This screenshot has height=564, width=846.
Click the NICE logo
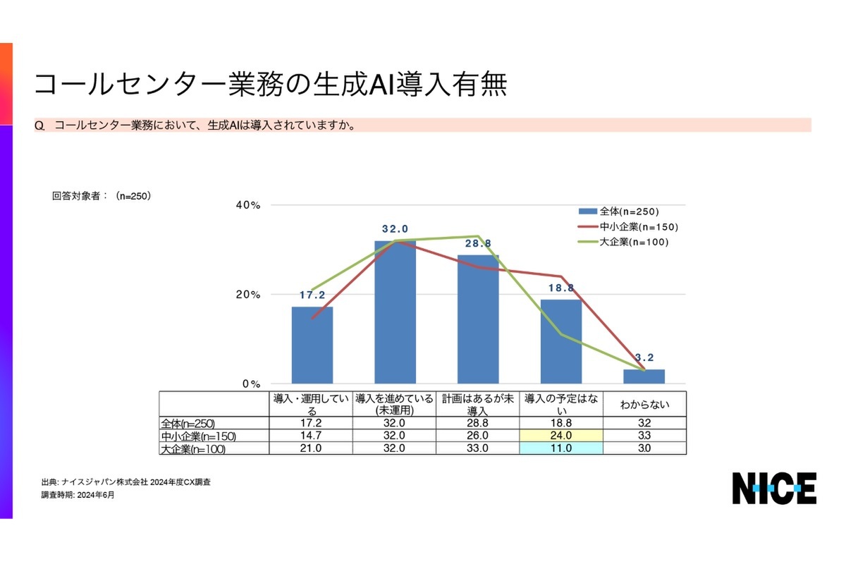click(773, 488)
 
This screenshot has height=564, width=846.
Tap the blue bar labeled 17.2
click(312, 345)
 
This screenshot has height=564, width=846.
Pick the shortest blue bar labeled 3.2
click(644, 376)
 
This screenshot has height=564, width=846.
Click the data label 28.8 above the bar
click(479, 243)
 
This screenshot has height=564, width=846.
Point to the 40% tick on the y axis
click(247, 205)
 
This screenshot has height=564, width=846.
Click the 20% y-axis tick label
click(247, 295)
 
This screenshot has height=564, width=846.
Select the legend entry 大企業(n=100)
click(633, 242)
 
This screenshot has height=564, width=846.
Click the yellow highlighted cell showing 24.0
click(561, 436)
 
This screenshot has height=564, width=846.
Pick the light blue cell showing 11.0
click(561, 448)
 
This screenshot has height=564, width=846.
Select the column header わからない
click(644, 405)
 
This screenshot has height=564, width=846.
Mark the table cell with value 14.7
click(312, 436)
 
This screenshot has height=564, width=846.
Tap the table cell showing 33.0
click(479, 448)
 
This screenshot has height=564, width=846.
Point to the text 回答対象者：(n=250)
click(102, 196)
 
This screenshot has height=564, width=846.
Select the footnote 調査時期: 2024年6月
click(78, 495)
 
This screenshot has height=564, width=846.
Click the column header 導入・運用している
click(312, 405)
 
